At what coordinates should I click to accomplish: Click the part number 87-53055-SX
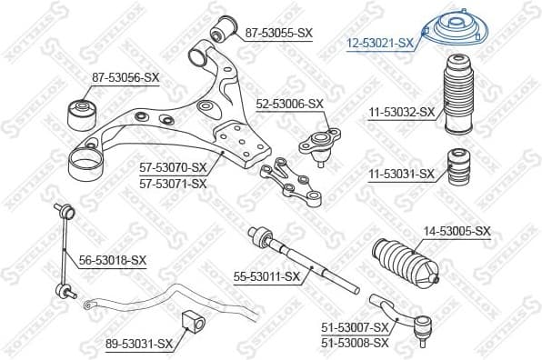click(x=278, y=33)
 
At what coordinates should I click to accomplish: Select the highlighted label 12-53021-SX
click(x=380, y=42)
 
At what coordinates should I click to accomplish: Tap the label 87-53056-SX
click(x=125, y=78)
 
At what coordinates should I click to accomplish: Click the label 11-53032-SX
click(x=402, y=114)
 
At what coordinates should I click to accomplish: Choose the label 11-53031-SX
click(x=401, y=173)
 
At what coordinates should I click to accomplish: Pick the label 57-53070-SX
click(x=173, y=167)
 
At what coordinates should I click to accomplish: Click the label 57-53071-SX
click(x=173, y=183)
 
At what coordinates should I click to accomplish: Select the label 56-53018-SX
click(x=112, y=260)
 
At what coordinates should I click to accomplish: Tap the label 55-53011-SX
click(x=266, y=275)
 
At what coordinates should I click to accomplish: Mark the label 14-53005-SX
click(x=457, y=232)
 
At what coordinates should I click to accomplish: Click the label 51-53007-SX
click(x=355, y=327)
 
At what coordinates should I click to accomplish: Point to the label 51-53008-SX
click(x=355, y=343)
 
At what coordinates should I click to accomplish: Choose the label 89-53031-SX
click(x=138, y=343)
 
